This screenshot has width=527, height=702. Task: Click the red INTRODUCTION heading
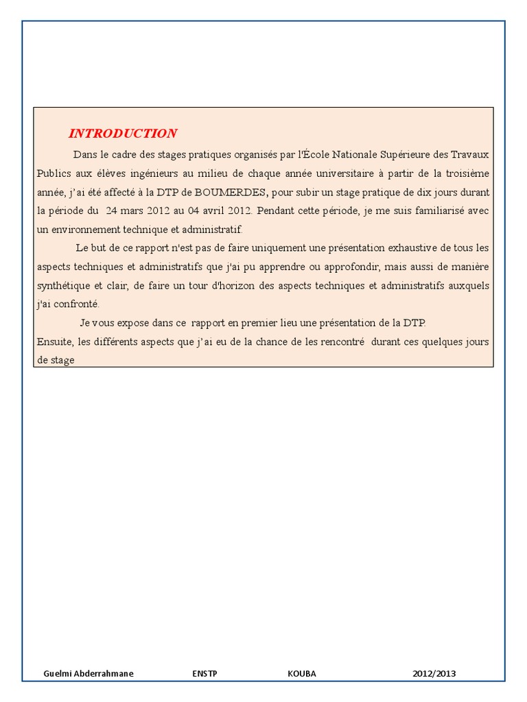[122, 134]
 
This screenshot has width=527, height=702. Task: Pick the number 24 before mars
[112, 210]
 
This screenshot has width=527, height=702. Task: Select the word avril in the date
[219, 210]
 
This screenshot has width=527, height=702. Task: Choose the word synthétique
[65, 285]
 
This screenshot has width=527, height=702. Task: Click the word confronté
[78, 304]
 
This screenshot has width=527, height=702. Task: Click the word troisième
[467, 173]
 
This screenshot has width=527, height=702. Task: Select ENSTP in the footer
[204, 673]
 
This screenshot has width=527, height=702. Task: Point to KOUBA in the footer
[302, 673]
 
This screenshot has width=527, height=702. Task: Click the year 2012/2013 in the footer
[434, 673]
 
